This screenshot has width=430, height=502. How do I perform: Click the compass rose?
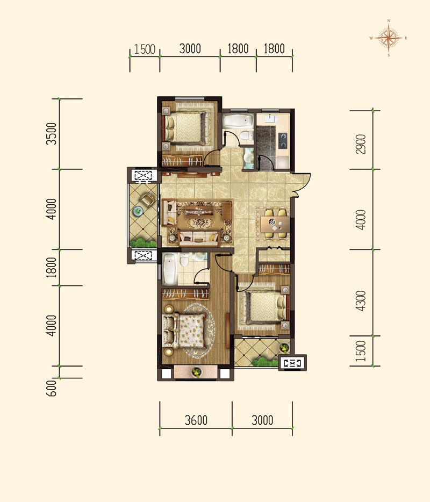point(389,38)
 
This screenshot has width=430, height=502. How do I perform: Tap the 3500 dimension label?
point(51,134)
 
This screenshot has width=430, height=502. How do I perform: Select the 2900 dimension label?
point(361,144)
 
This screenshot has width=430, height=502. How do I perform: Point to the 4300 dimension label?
point(361,301)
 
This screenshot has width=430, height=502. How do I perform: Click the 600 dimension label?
point(51,389)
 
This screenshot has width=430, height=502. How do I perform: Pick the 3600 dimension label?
point(196,420)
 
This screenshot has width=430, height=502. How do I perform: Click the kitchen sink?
point(271,119)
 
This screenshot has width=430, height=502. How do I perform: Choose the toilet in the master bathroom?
point(184,260)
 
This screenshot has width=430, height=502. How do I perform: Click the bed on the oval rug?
point(184,331)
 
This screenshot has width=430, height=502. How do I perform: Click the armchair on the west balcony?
point(147,199)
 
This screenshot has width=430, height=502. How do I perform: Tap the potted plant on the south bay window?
point(196,372)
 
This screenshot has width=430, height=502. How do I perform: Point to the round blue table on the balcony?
point(138,211)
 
